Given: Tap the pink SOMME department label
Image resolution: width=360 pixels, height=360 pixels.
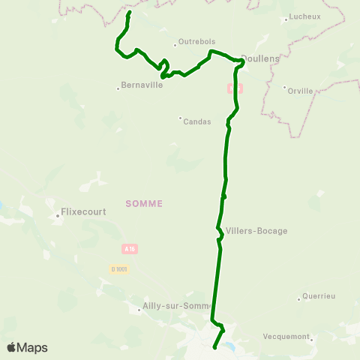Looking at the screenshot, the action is pos(144,203).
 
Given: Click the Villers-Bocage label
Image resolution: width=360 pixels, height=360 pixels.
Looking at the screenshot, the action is pos(256,231).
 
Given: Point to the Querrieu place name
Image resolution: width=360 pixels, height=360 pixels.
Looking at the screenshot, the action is pos(319,295).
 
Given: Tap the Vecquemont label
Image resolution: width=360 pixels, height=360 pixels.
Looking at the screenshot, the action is pos(288,337).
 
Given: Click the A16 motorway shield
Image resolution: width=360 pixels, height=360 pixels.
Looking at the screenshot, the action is pos(130,248).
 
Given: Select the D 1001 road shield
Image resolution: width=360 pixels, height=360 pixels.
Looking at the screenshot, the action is pos(118,268).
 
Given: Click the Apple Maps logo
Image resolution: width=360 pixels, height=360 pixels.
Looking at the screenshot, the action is pos(27,347).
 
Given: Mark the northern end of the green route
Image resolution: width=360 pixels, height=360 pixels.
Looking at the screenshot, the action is pos(130,13).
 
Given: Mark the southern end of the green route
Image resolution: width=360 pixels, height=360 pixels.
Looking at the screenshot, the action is pos(215,348).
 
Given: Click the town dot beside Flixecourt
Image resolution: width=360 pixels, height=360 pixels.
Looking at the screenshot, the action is pos(58,216).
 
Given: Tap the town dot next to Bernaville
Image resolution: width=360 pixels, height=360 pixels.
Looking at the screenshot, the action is pos(118,89).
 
